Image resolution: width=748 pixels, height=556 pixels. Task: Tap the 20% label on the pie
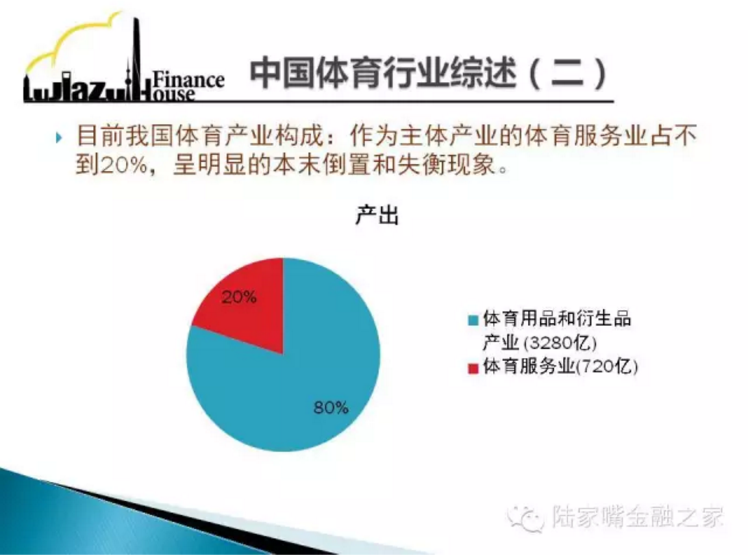(x=239, y=297)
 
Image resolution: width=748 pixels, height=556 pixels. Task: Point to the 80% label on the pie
(x=330, y=407)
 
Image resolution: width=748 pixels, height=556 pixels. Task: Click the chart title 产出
(x=377, y=215)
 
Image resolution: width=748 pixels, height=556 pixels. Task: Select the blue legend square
(x=473, y=320)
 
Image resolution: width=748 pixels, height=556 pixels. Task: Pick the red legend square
(x=473, y=368)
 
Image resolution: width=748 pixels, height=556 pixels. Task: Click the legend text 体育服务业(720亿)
(x=560, y=366)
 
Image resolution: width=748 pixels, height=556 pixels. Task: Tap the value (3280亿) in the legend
(x=560, y=343)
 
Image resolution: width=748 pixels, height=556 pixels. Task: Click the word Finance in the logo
(x=188, y=79)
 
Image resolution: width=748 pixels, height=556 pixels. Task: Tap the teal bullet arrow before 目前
(x=58, y=138)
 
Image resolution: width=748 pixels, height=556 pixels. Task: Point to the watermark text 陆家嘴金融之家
(x=638, y=516)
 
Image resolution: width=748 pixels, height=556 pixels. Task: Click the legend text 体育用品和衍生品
(x=556, y=318)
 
